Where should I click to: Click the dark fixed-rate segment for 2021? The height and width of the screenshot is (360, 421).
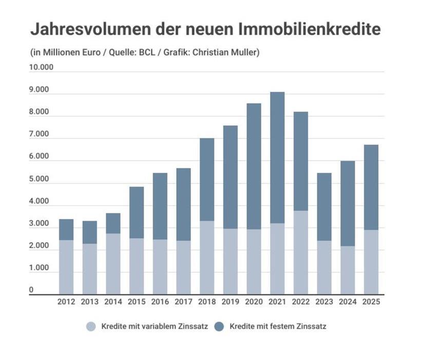tap(277, 157)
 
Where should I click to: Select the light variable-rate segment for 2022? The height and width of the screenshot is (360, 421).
tap(301, 252)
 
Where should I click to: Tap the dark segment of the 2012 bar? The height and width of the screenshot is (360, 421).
tap(66, 229)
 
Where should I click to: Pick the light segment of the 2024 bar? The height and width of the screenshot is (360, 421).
tap(348, 270)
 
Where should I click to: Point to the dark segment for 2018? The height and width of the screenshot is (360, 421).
tap(207, 179)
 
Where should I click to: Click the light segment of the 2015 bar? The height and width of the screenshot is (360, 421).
tap(137, 266)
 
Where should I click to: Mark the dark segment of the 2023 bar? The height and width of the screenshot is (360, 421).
tap(324, 207)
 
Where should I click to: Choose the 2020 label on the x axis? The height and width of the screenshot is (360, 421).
tap(254, 302)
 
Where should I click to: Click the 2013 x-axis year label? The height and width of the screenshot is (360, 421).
tap(90, 302)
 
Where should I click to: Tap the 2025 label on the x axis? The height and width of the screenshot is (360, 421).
tap(371, 302)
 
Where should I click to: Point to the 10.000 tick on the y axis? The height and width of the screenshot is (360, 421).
tap(42, 68)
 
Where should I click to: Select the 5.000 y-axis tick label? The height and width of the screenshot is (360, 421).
tap(40, 179)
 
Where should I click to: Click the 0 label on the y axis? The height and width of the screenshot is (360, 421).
tap(31, 290)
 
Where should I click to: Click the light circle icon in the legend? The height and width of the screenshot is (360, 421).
tap(91, 326)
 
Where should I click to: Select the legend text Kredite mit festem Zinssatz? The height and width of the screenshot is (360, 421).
tap(278, 326)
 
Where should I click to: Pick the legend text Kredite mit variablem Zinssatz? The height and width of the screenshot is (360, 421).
tap(155, 326)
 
